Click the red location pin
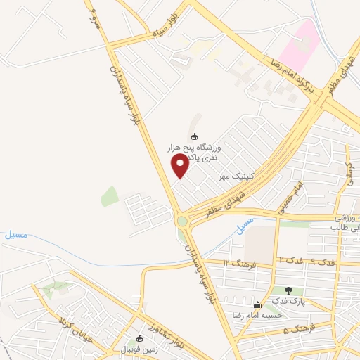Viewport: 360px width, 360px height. click(x=180, y=165)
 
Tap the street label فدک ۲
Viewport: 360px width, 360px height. click(x=291, y=260)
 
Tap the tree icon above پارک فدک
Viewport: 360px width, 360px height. click(x=288, y=290)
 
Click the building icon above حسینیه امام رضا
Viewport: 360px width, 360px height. click(x=257, y=305)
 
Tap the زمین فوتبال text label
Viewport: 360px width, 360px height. click(x=142, y=349)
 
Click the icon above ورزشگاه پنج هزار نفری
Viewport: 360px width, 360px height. click(x=195, y=136)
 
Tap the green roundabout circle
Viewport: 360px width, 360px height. click(x=183, y=222)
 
